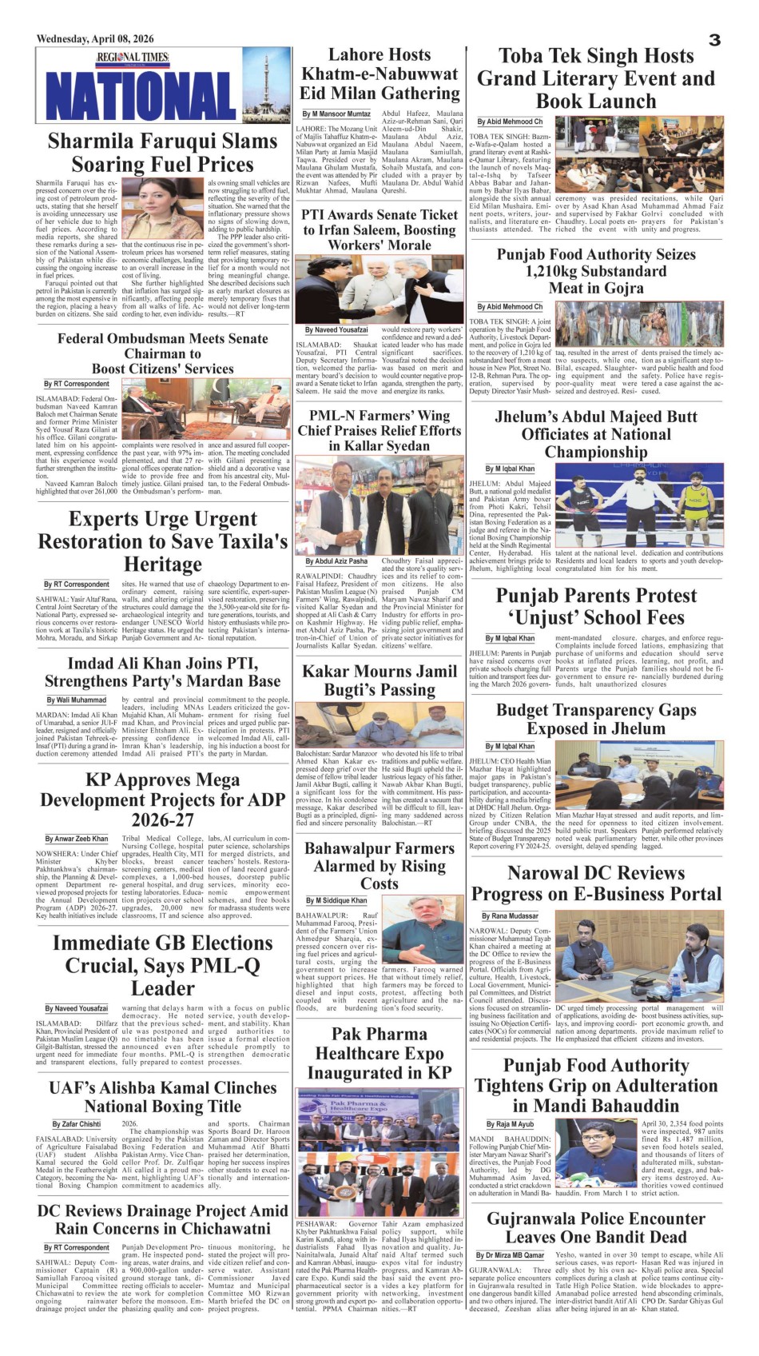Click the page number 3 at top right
point(714,40)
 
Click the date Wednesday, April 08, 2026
point(95,38)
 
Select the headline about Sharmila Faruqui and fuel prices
point(162,153)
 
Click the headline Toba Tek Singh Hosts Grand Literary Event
point(596,78)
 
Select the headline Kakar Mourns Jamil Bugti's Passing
point(379,680)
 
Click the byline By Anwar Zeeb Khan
point(77,839)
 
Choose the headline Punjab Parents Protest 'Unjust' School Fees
point(596,607)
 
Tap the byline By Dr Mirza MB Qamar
point(511,1255)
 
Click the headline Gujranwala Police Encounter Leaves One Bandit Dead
point(596,1228)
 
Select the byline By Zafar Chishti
point(77,1124)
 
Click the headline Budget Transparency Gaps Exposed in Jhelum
point(596,720)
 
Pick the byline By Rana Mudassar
point(511,916)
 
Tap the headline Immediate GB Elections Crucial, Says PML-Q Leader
point(162,966)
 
